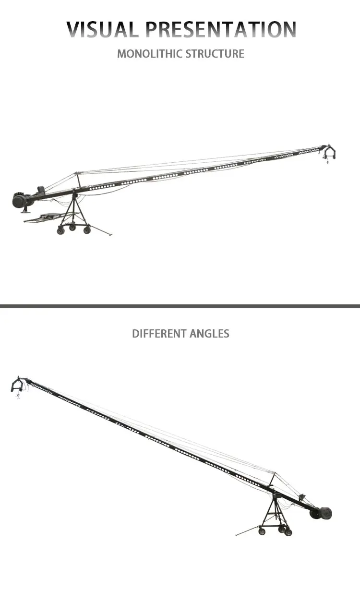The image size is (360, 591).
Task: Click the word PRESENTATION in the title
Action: pos(221,30)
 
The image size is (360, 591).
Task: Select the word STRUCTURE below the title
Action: pos(215,53)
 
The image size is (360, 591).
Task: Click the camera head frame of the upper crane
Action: pos(329,154)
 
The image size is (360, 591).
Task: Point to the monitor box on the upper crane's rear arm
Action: pos(41,190)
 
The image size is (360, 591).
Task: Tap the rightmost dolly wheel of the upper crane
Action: pos(87,230)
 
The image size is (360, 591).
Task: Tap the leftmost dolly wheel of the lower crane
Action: pos(262,531)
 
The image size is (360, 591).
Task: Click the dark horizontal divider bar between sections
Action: pos(180,306)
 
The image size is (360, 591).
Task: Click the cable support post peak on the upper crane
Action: pos(76,173)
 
